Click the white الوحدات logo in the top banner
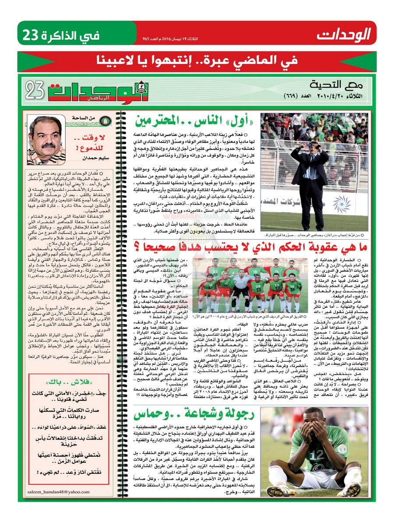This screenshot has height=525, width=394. pos(344,33)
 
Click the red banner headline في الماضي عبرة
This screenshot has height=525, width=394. pos(197,59)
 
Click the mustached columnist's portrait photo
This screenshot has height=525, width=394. pos(46,140)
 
